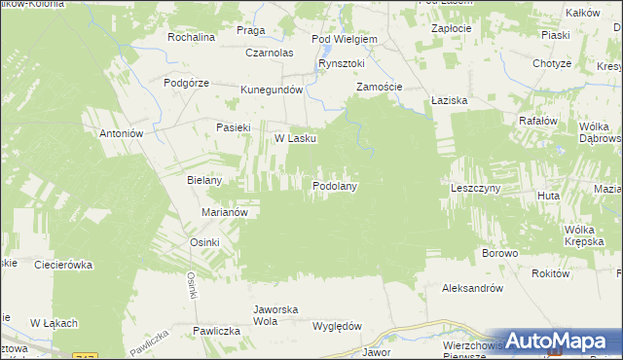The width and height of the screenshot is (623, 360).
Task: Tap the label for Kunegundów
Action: pyautogui.click(x=274, y=90)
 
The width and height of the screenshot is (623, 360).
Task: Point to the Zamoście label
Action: pyautogui.click(x=379, y=87)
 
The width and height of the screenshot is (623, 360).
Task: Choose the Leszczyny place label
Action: pyautogui.click(x=475, y=187)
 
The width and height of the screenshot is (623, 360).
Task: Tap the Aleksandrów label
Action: pyautogui.click(x=472, y=288)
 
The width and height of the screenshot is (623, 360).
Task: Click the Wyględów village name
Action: pyautogui.click(x=337, y=326)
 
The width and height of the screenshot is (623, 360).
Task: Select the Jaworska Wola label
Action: pyautogui.click(x=275, y=315)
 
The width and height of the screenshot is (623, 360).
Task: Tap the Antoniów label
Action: pyautogui.click(x=123, y=133)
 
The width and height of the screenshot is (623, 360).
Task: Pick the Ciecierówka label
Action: pyautogui.click(x=63, y=264)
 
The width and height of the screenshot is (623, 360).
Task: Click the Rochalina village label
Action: pyautogui.click(x=191, y=37)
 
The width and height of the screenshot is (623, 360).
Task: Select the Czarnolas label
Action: pyautogui.click(x=270, y=53)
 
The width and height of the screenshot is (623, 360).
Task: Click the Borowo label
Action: pyautogui.click(x=499, y=253)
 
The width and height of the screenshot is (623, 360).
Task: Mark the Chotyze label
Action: pyautogui.click(x=551, y=64)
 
